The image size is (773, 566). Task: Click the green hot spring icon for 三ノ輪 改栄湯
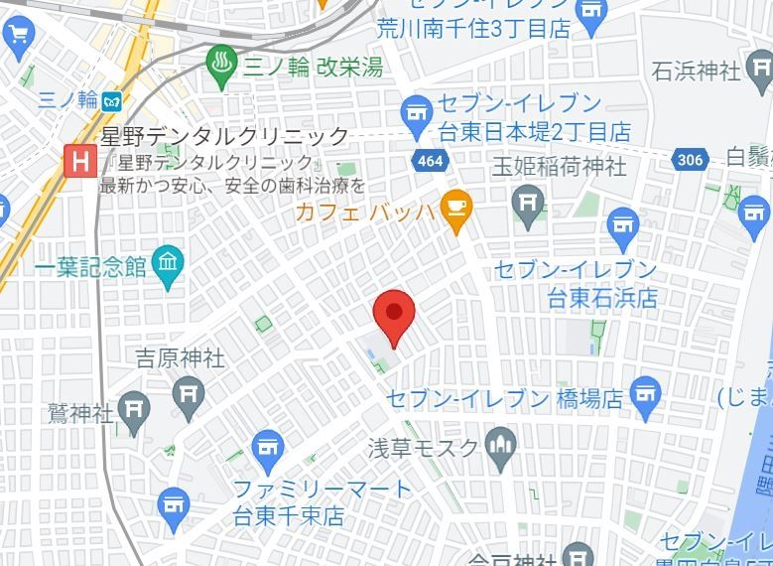pos(220,66)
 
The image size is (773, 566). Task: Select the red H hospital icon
pos(78,160)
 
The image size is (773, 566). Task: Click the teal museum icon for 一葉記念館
pos(169,264)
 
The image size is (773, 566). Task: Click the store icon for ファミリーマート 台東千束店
pos(268,449)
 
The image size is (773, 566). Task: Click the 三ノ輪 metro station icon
pos(112,100)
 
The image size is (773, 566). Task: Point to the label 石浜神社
pos(697,71)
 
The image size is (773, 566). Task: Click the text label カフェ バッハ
pos(365,211)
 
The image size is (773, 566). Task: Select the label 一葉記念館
pos(90,266)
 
